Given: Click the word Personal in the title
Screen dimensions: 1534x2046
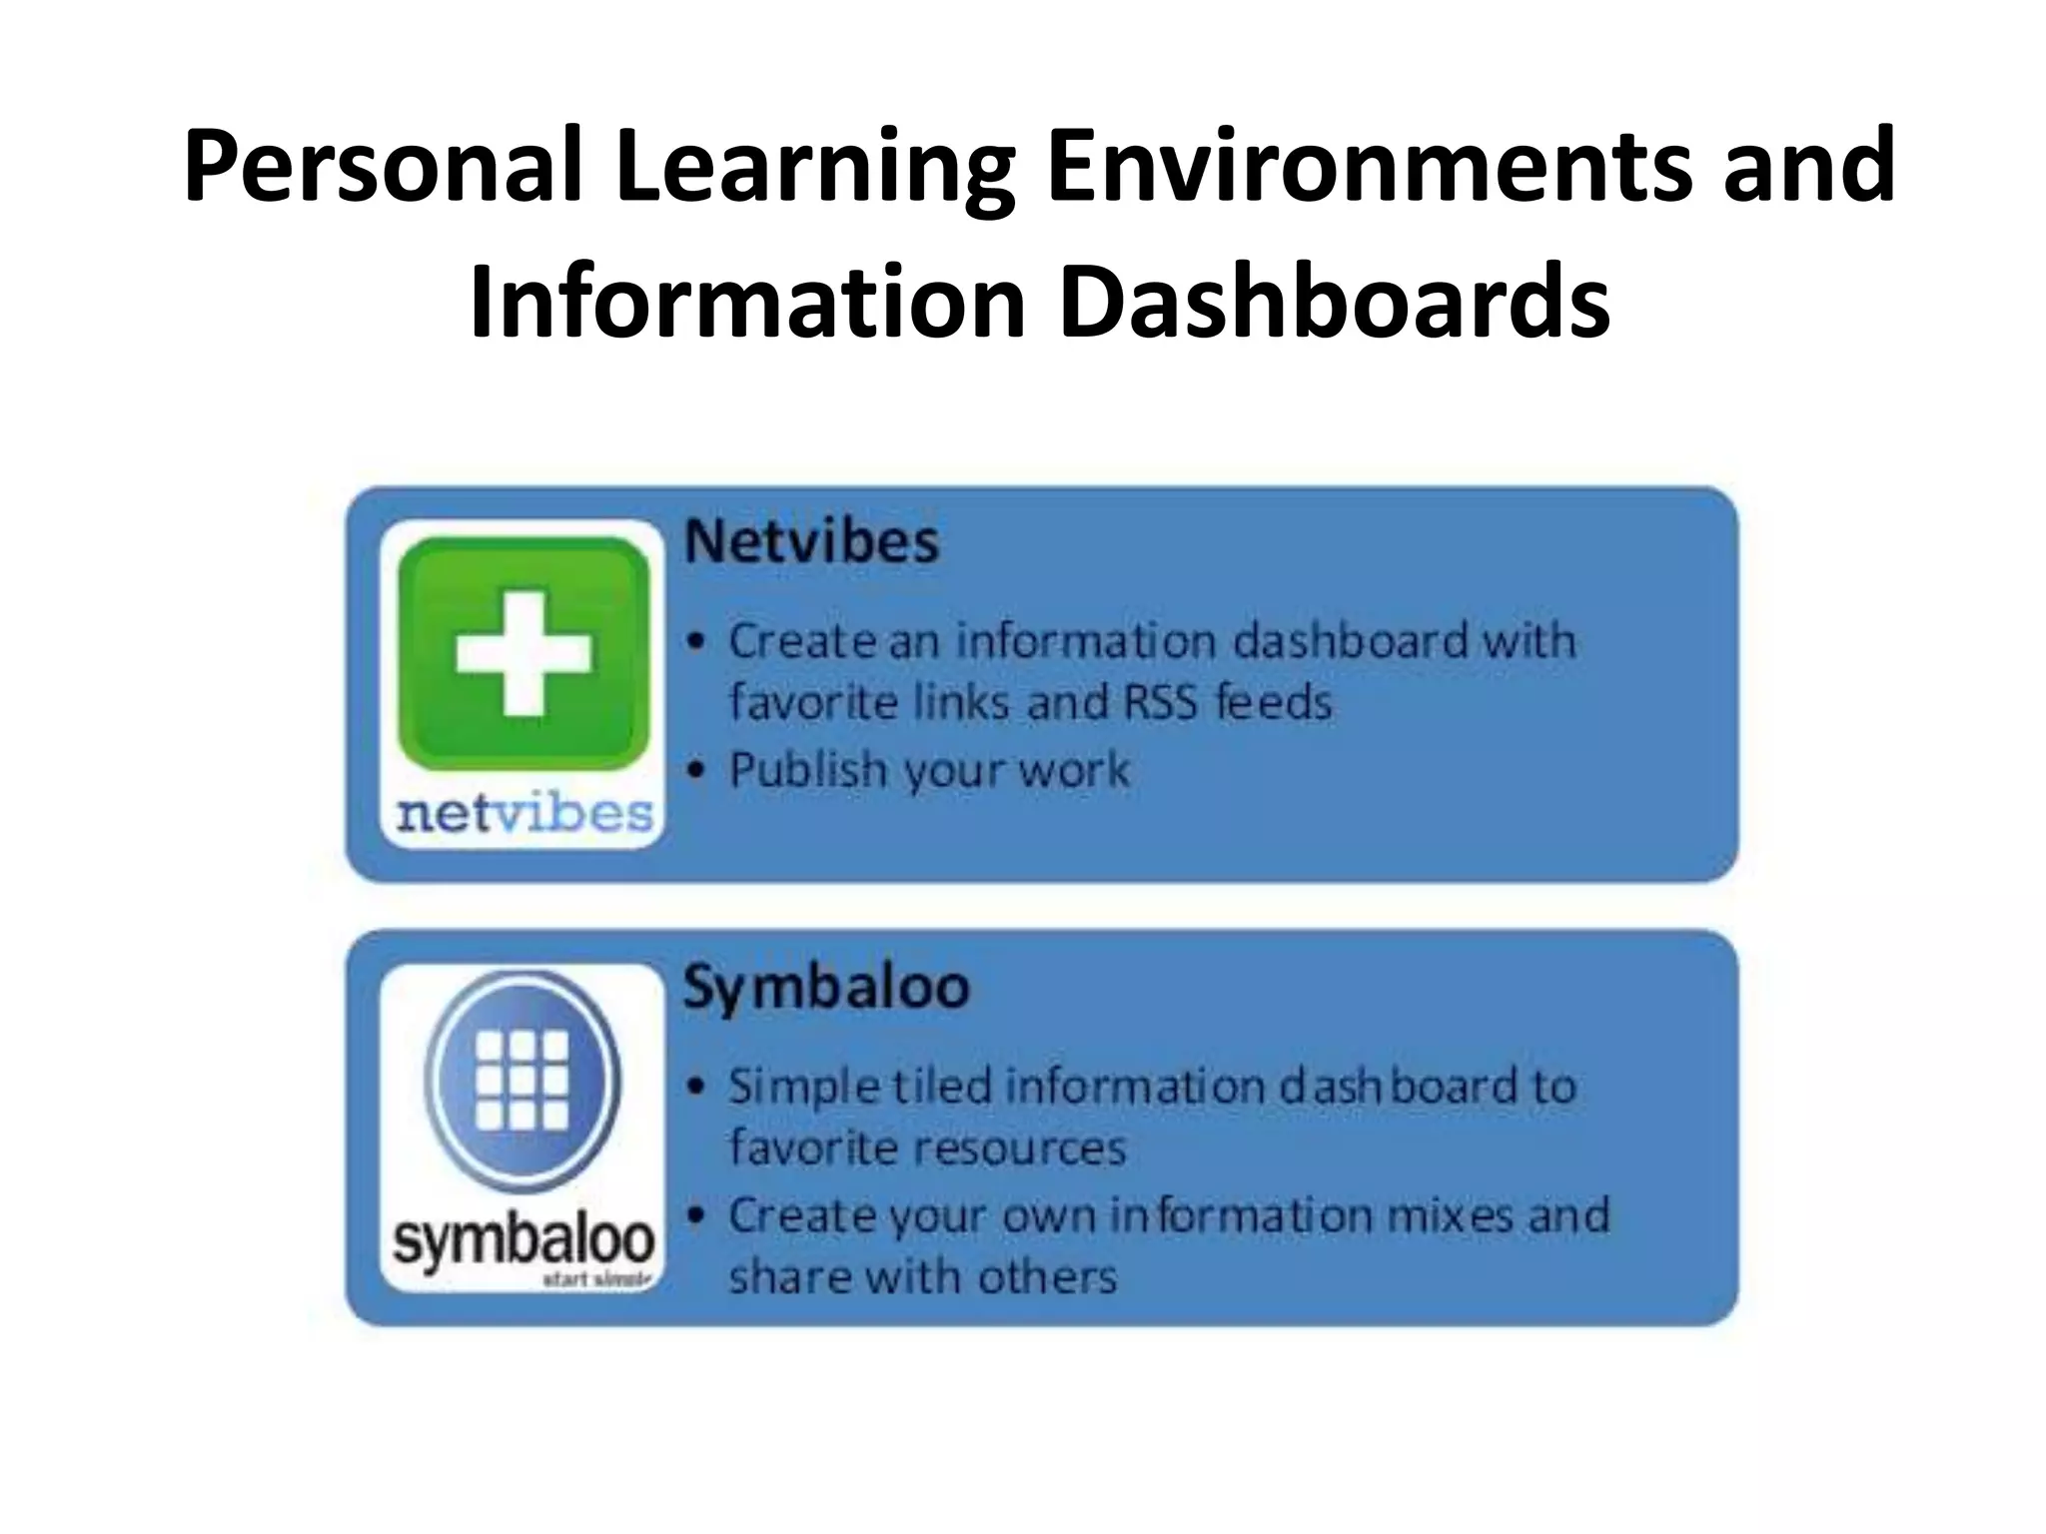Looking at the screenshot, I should [382, 166].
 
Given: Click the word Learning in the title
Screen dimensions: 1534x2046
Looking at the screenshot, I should [814, 166].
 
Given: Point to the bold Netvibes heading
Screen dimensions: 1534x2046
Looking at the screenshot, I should [811, 542].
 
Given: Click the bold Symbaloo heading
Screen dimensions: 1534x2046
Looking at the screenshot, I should [826, 987].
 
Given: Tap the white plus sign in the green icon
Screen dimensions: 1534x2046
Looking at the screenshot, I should [523, 653].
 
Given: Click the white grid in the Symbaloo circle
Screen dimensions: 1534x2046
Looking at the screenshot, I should [522, 1080].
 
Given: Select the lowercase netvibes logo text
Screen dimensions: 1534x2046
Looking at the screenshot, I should [523, 813].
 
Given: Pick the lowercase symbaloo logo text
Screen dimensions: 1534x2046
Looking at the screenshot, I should [523, 1240].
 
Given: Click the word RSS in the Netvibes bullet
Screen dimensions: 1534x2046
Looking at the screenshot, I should [1160, 702].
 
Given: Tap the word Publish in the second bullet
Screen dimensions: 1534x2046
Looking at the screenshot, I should [808, 770].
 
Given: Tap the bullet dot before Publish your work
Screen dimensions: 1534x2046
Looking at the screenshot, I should [697, 770].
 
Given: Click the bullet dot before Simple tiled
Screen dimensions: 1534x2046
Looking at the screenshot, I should [697, 1087].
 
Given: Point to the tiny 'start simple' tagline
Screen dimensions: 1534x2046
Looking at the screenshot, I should [596, 1279].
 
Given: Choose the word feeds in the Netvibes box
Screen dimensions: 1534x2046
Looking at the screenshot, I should [1274, 702].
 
